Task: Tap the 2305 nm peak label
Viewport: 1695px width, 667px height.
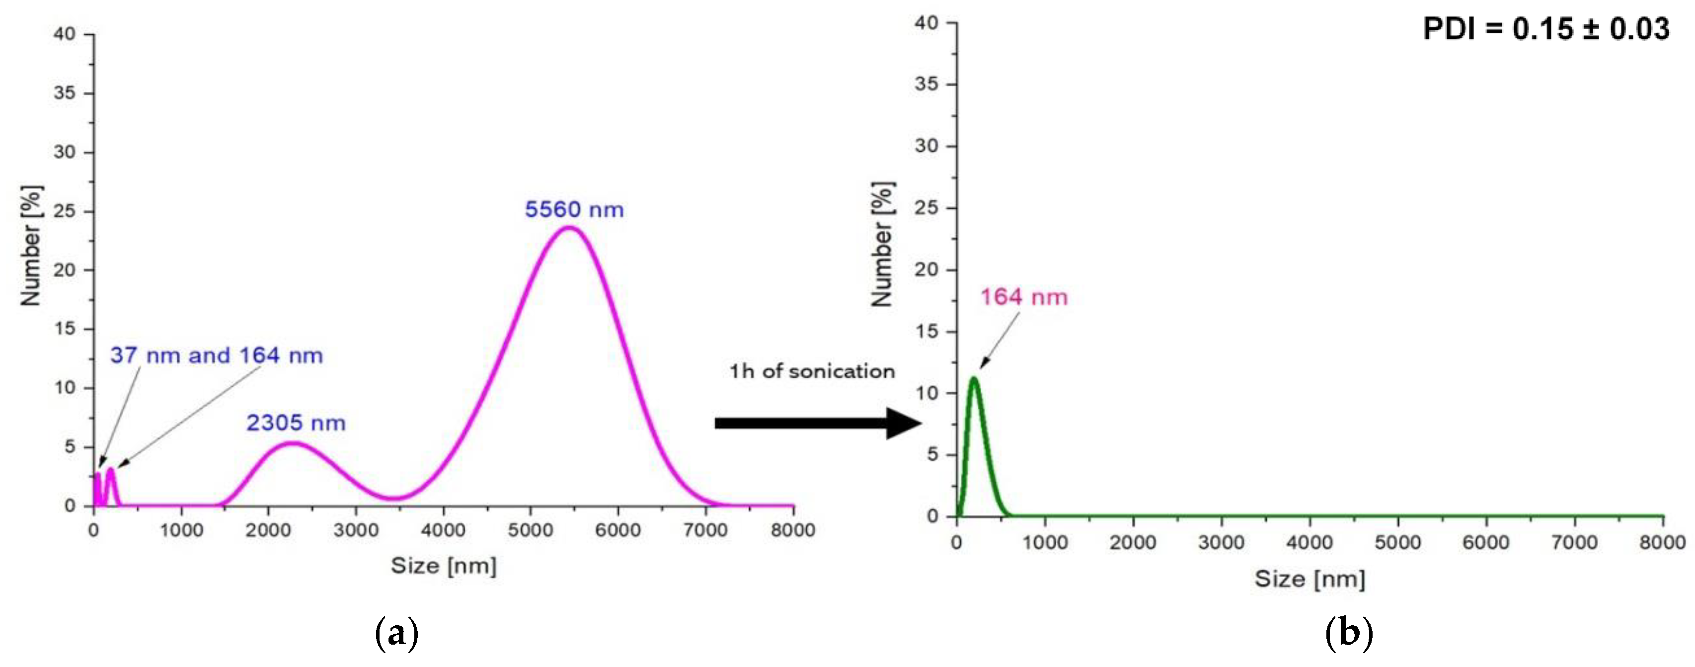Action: coord(296,423)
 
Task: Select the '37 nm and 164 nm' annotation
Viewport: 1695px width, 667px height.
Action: coord(217,355)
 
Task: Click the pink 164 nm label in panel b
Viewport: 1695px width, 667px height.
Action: coord(1024,297)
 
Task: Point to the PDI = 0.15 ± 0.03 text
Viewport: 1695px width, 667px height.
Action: coord(1546,29)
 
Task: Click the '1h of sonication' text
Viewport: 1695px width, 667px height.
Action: coord(811,371)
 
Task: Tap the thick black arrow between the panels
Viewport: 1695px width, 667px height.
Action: coord(816,423)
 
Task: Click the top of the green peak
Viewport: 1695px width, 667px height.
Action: coord(974,378)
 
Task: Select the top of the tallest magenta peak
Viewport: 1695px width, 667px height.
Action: coord(570,228)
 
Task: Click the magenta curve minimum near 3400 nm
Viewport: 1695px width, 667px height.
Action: coord(393,498)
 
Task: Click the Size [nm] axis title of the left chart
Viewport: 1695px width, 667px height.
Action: coord(444,566)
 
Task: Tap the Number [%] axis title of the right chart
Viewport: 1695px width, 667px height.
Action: coord(882,245)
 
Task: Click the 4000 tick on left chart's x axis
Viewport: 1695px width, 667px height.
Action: coord(444,530)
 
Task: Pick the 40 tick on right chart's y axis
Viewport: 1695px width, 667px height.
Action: coord(926,23)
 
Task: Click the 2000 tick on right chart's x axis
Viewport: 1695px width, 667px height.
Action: coord(1133,543)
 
